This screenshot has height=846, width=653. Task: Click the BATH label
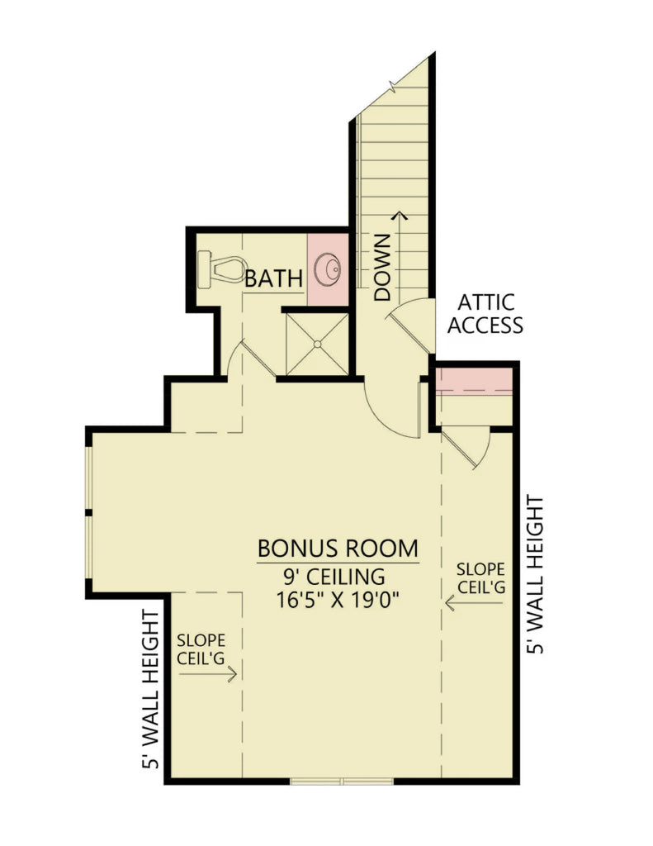(273, 279)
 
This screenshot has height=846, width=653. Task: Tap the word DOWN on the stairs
(381, 267)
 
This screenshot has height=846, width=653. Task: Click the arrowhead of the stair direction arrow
(402, 216)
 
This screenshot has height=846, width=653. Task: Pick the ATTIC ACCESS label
(485, 314)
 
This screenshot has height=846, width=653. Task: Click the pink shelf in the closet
(475, 383)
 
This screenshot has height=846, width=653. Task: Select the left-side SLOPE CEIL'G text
(202, 649)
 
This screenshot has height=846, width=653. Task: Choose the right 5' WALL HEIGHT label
(536, 575)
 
